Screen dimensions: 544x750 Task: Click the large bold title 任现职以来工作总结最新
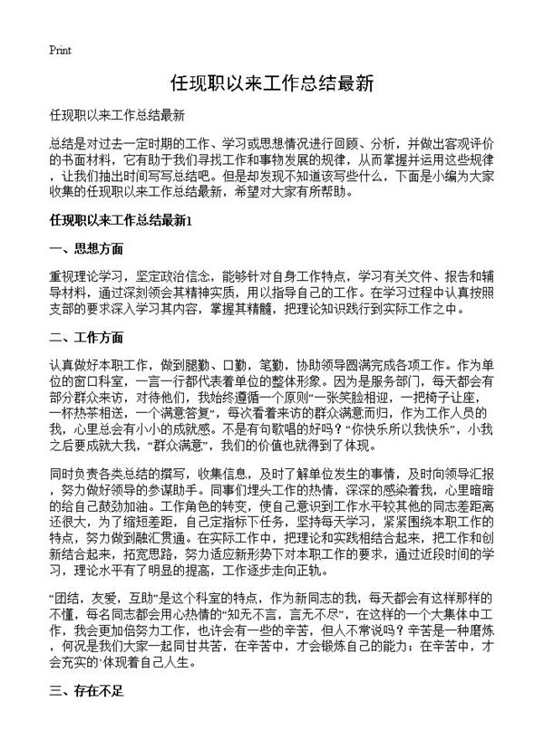click(271, 83)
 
